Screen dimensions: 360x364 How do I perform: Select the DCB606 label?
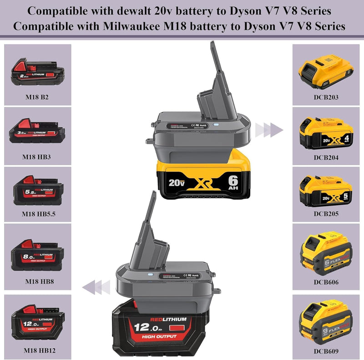(326, 282)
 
